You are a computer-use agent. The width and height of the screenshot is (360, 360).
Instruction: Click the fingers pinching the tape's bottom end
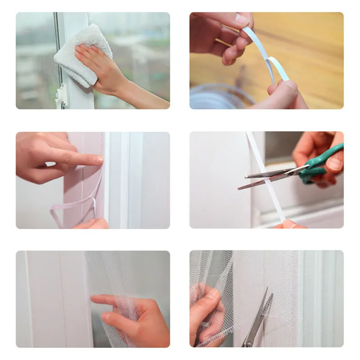point(288,224)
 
